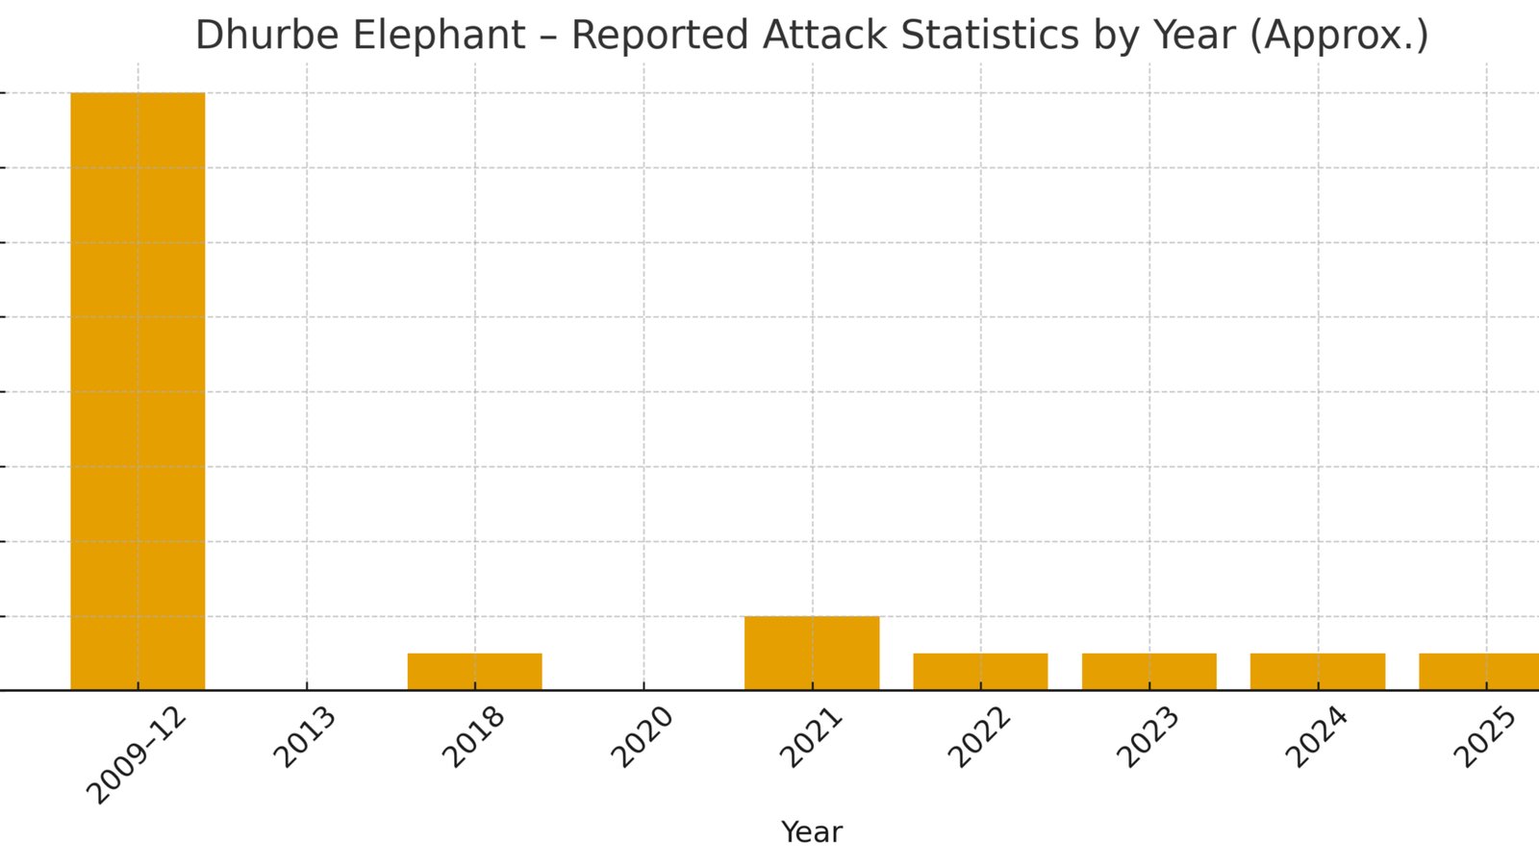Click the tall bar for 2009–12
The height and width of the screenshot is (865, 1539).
[x=138, y=391]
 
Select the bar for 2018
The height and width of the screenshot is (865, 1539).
[x=475, y=672]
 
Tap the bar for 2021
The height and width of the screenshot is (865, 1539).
[x=812, y=653]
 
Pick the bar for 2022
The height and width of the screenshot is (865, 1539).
[x=980, y=672]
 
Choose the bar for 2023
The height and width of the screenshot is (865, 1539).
[x=1149, y=672]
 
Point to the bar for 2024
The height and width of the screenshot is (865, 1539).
[x=1318, y=672]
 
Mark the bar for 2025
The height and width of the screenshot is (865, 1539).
[x=1479, y=672]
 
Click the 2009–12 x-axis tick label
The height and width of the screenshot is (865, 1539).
[x=136, y=755]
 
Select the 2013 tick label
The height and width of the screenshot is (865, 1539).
[x=304, y=737]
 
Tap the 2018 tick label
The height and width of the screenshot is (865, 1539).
[x=473, y=737]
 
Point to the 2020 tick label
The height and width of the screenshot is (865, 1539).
[x=642, y=737]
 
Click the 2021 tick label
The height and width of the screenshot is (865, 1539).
[x=811, y=737]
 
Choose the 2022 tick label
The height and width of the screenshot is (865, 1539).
[x=979, y=737]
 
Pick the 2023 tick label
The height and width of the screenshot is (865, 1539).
[x=1148, y=737]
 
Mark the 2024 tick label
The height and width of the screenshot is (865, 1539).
[x=1317, y=737]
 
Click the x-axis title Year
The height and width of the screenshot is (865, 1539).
[x=812, y=832]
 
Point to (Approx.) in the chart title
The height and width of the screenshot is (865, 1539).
[x=1339, y=36]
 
